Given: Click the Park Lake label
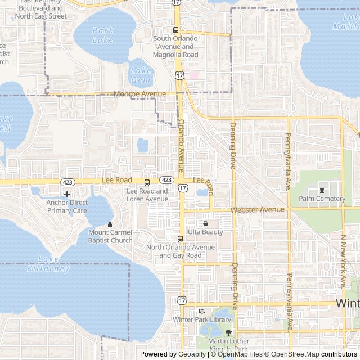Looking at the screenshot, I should (x=102, y=35).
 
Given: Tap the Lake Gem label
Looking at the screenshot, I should (x=141, y=75).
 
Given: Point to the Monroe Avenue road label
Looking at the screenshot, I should (x=139, y=94).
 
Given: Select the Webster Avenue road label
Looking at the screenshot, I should (x=257, y=209).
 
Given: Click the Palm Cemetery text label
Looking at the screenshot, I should (x=322, y=199).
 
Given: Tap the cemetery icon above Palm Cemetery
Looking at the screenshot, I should (x=322, y=190).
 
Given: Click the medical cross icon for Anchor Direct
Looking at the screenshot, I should (x=67, y=194).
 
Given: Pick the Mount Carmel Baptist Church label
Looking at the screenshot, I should (x=110, y=236).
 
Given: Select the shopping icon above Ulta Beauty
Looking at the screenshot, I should (x=205, y=223).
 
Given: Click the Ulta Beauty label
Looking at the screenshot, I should (x=205, y=232).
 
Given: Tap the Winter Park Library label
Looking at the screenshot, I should (x=202, y=319).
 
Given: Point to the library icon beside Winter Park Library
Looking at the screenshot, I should (x=202, y=311).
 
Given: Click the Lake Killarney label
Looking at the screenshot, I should (x=48, y=264).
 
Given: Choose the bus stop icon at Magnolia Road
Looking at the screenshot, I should (x=176, y=30).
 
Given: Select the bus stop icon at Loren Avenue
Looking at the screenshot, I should (x=147, y=182).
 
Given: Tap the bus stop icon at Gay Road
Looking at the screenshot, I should (x=180, y=238).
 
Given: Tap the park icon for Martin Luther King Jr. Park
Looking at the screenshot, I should (x=228, y=333).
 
